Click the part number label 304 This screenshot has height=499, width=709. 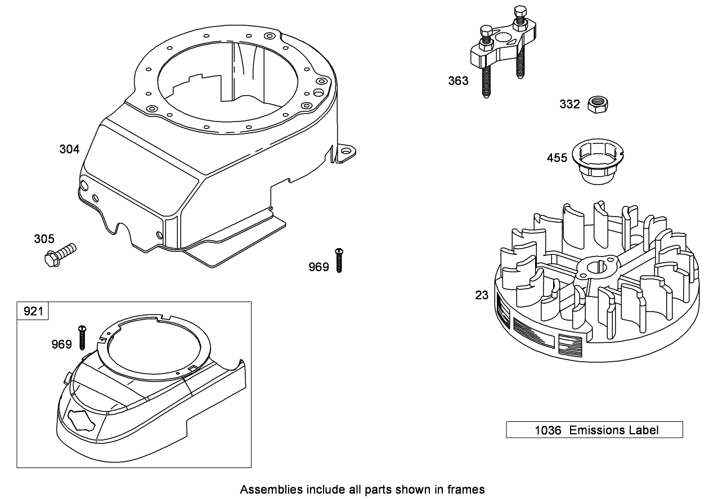[69, 149]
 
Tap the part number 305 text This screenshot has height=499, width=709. [44, 239]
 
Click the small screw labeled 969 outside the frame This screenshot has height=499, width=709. [338, 261]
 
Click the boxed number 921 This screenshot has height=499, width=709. [33, 311]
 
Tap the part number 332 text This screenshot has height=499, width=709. [569, 105]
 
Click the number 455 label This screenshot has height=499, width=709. [557, 158]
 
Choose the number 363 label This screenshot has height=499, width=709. [458, 81]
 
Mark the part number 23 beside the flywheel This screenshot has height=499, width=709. [482, 295]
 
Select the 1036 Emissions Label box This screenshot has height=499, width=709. [594, 430]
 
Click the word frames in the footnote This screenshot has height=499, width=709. [468, 489]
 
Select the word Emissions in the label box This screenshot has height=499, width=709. [596, 430]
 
